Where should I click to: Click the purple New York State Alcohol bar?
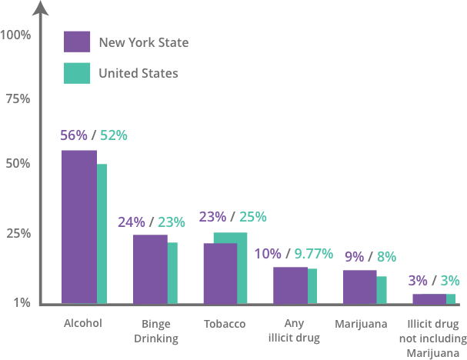point(78,226)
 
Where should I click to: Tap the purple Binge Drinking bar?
point(149,268)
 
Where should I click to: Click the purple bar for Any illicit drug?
point(290,285)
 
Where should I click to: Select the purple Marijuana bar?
point(359,286)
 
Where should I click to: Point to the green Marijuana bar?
point(382,289)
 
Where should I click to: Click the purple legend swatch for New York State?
point(78,42)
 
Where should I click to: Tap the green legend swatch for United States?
point(78,73)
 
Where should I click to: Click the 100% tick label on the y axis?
point(16,35)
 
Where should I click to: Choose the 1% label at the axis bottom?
point(21,303)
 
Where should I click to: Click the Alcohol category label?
point(82,324)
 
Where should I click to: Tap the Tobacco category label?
point(225,324)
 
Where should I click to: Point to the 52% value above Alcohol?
point(114,135)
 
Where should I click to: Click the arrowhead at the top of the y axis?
point(42,10)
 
